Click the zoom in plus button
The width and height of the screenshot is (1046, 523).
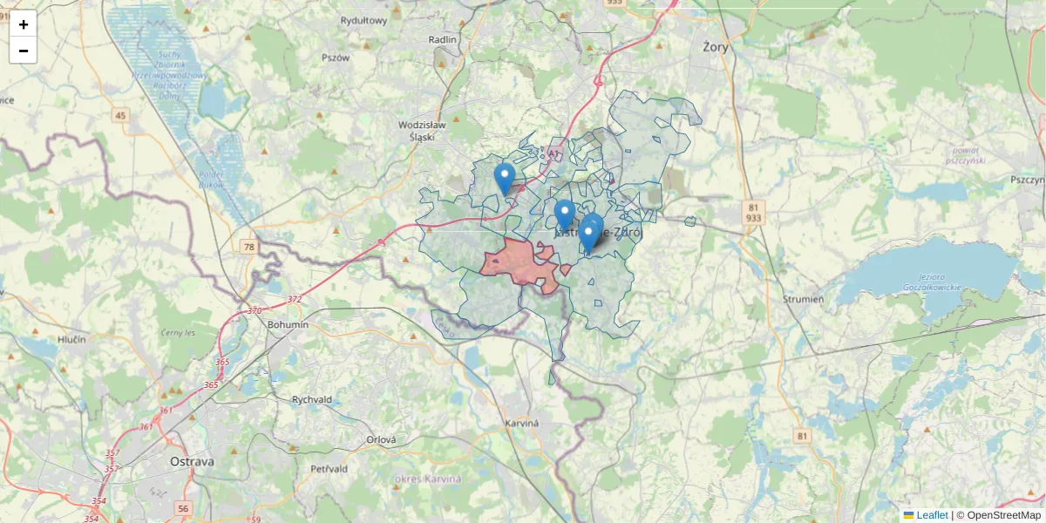24,24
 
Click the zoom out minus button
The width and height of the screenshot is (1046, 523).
24,51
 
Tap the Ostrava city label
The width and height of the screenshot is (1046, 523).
192,461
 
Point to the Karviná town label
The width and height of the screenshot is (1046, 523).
522,424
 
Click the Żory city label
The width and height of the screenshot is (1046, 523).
715,47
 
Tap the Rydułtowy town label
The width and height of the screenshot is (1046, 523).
363,21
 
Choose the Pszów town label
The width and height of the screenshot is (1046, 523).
336,58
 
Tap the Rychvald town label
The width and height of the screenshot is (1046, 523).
312,400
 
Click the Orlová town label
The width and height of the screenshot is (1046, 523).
381,440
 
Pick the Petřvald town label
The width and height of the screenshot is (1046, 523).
329,469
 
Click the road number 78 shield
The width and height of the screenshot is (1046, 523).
250,248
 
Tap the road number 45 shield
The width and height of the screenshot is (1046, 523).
120,116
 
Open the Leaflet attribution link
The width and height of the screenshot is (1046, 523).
931,515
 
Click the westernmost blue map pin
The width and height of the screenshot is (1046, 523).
504,178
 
